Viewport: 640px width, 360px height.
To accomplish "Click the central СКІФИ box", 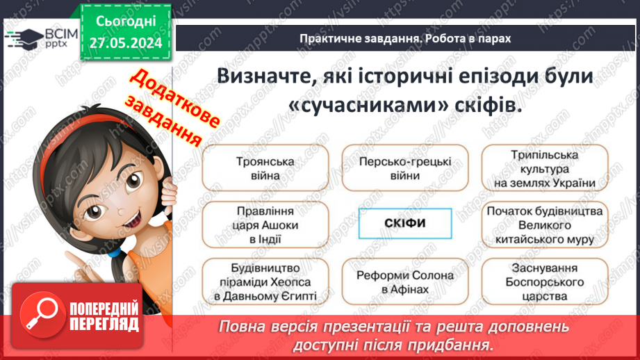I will (x=405, y=224).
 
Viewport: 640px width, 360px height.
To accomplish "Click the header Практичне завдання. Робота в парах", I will (x=405, y=39).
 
